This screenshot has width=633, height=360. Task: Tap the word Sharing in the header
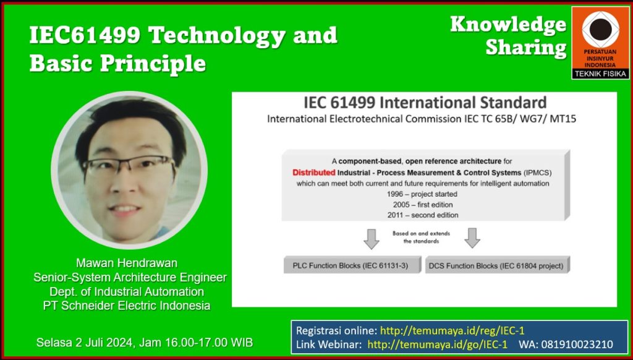point(525,48)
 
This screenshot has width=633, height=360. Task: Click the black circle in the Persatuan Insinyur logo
point(600,29)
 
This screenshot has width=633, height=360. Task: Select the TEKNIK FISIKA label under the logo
point(600,74)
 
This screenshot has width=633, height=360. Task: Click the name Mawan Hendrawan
point(127,264)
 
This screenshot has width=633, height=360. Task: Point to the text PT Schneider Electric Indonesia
point(127,306)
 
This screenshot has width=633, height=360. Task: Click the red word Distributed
point(314,173)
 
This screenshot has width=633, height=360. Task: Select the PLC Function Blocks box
point(352,265)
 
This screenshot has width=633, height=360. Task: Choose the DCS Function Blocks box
point(498,265)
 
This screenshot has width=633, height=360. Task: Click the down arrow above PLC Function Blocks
point(372,238)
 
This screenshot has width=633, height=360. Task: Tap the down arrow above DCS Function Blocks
point(472,238)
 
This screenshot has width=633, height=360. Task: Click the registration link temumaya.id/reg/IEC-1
point(452,330)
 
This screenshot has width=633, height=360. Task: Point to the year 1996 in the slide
point(394,194)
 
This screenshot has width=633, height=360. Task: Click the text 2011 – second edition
point(423,215)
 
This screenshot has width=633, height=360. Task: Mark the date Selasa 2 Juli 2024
point(84,343)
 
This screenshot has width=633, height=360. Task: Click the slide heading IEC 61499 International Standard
point(425,103)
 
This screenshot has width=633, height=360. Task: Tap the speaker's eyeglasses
point(129,165)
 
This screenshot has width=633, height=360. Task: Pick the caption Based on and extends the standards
point(421,238)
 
